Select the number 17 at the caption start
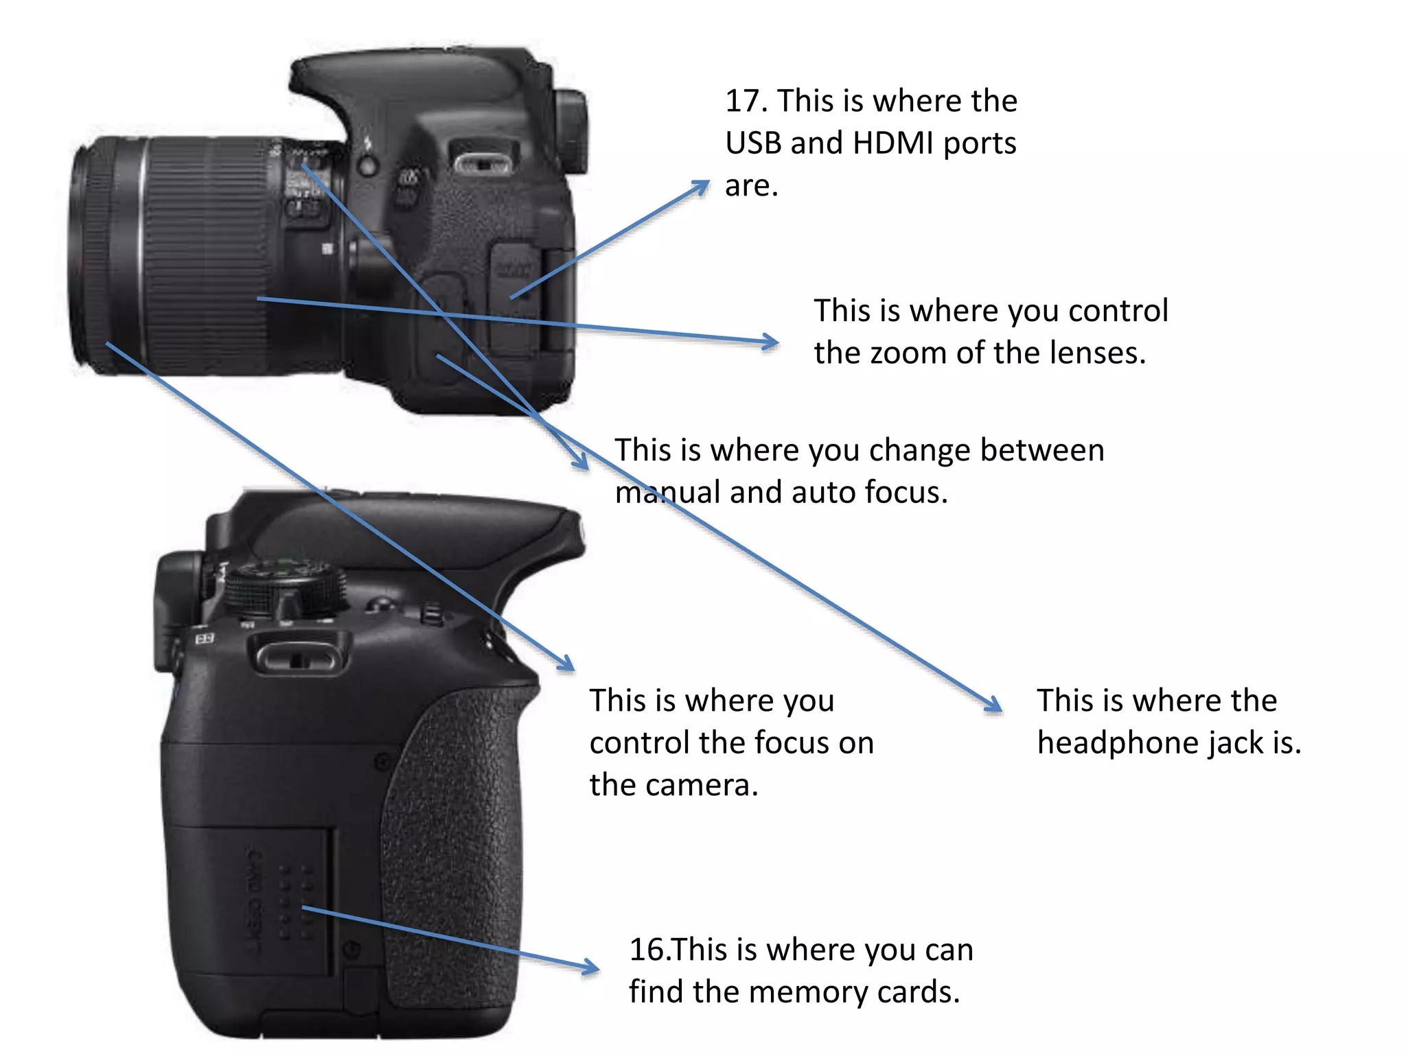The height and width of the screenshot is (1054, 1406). click(744, 102)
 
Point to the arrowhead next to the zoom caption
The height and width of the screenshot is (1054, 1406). click(771, 341)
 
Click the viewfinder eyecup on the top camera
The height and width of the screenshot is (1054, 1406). click(572, 130)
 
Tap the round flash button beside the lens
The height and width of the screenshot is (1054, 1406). click(369, 165)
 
